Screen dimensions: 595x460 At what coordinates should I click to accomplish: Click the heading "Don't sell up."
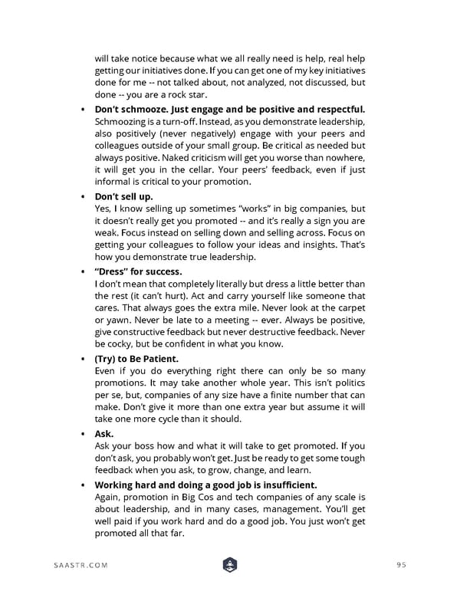click(123, 196)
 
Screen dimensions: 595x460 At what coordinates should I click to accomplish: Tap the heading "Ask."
click(104, 433)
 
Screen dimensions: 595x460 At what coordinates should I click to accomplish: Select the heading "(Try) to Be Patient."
click(136, 358)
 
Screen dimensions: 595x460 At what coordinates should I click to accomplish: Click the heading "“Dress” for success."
click(138, 271)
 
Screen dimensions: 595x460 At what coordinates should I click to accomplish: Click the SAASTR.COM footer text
click(80, 565)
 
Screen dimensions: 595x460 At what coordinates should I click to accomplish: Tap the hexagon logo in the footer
click(229, 565)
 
